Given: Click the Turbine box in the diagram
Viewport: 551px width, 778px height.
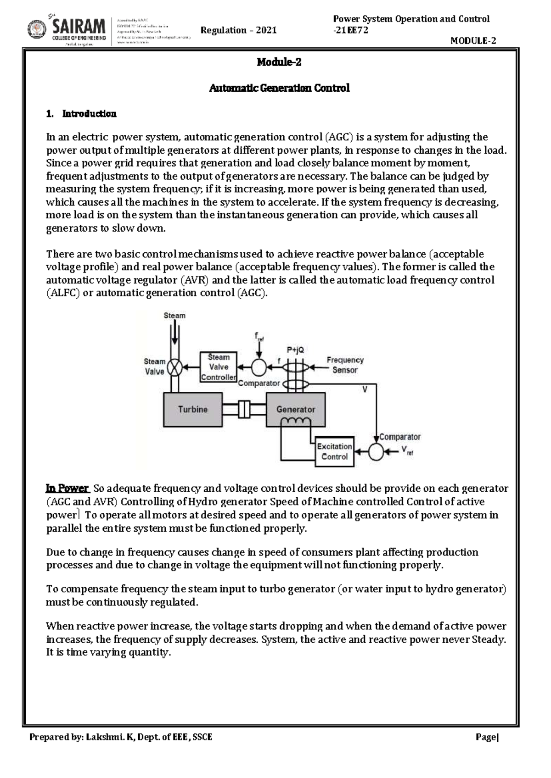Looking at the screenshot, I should click(193, 409).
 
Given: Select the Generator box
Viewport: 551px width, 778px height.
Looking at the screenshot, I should click(296, 409).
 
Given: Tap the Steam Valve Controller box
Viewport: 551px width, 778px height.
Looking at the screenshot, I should click(219, 367).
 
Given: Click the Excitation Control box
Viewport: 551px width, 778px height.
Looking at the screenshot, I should click(334, 451).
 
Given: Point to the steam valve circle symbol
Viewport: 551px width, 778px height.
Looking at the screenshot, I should click(174, 367).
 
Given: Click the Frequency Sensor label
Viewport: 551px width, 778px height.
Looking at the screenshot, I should click(345, 365).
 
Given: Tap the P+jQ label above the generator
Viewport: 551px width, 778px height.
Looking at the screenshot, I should click(295, 350).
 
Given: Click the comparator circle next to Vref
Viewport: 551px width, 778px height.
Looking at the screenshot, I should click(376, 452).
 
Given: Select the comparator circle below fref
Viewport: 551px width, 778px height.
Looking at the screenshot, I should click(259, 367).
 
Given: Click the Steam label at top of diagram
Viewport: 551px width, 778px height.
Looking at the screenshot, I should click(174, 316).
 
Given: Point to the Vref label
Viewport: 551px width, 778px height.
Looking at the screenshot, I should click(407, 450).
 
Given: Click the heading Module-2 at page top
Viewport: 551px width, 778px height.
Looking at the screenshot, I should click(279, 62).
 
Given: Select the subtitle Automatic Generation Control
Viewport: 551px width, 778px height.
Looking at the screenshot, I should click(279, 88).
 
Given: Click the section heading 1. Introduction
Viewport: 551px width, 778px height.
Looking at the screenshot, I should click(81, 114).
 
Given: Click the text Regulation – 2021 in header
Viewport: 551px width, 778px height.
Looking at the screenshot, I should click(239, 30).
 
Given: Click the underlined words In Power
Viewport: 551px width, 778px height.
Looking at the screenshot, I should click(67, 488).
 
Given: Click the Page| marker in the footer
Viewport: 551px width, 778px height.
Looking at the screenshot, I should click(487, 737).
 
